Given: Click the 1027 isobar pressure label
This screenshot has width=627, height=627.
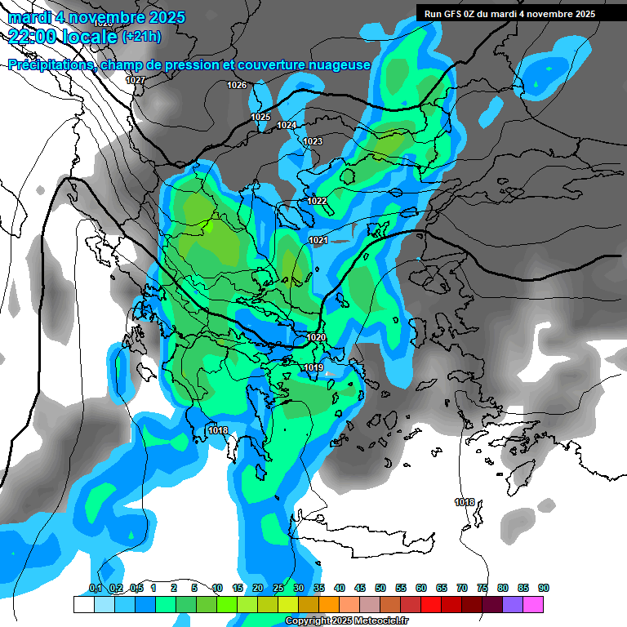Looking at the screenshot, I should tap(136, 80).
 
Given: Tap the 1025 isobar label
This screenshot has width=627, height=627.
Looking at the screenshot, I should tap(260, 118).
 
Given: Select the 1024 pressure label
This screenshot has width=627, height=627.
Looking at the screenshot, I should tap(287, 125).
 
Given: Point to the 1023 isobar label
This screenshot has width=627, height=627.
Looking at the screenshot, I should tap(313, 142).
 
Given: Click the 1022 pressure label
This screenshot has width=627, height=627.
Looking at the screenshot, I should tap(318, 201).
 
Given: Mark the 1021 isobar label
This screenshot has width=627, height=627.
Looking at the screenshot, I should tap(318, 240).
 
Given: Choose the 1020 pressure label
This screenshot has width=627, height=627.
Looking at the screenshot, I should tap(317, 337).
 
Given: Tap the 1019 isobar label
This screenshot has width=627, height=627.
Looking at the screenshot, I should tap(313, 368).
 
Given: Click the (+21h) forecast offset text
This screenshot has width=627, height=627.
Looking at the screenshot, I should tap(141, 37).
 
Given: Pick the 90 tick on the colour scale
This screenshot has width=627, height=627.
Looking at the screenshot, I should tap(544, 588).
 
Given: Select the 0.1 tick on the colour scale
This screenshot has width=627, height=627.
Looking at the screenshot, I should tap(95, 588).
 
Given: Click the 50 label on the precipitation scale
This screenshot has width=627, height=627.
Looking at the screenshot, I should tap(380, 588).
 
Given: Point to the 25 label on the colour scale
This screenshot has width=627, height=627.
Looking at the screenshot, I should tap(278, 588).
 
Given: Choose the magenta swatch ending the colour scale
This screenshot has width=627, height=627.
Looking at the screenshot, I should tap(533, 604).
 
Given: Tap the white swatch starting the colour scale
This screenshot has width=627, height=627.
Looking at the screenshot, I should tap(83, 604).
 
